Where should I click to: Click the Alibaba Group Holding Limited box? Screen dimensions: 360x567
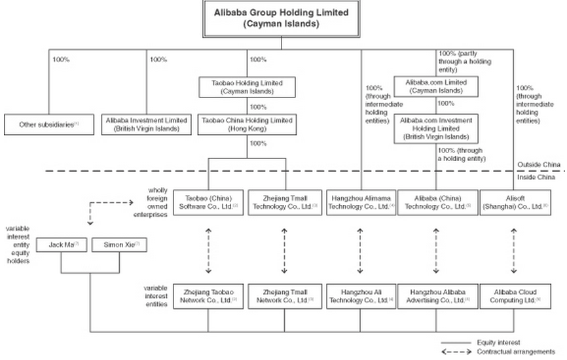(282, 18)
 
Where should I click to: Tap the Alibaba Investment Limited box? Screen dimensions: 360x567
(145, 123)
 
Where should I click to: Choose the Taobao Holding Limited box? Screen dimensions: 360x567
(247, 87)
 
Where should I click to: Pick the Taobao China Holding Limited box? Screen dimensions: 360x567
(247, 123)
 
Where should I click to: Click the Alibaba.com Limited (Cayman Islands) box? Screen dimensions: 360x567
(437, 87)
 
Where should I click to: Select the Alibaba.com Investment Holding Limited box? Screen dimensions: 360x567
(437, 128)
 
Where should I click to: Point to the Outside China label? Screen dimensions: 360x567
(538, 164)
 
